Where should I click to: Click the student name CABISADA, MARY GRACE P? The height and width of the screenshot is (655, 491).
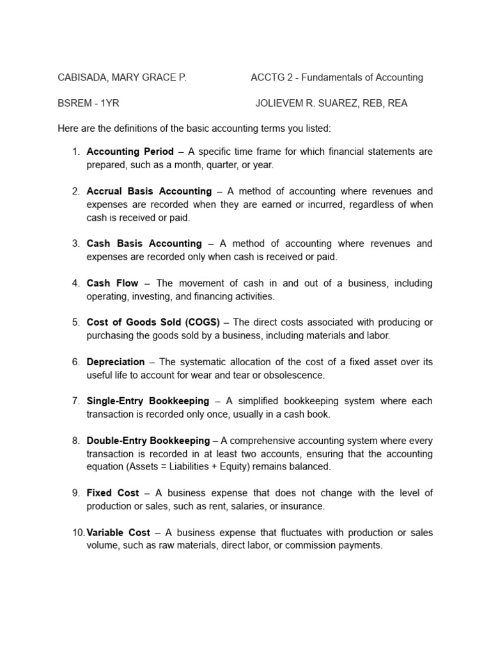click(122, 77)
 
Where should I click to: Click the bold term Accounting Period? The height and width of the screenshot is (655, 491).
click(130, 152)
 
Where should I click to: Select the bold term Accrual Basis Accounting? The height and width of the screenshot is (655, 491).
click(149, 191)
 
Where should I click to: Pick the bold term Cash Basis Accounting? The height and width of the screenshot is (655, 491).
click(144, 244)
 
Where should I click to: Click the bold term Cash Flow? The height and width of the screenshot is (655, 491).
click(113, 283)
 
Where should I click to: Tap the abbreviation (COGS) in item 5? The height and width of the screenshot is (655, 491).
click(201, 322)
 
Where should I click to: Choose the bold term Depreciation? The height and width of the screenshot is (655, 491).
click(116, 362)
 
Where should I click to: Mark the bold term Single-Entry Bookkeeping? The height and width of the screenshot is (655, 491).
click(148, 401)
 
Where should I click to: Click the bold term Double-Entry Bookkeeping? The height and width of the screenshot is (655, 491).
click(148, 441)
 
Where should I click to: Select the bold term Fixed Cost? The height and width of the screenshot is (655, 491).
click(112, 493)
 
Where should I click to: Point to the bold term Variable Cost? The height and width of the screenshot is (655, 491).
click(118, 533)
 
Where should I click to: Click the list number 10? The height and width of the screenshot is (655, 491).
click(77, 533)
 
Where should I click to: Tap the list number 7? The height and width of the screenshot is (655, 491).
click(75, 401)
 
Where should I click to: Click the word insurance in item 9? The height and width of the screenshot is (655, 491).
click(303, 507)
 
